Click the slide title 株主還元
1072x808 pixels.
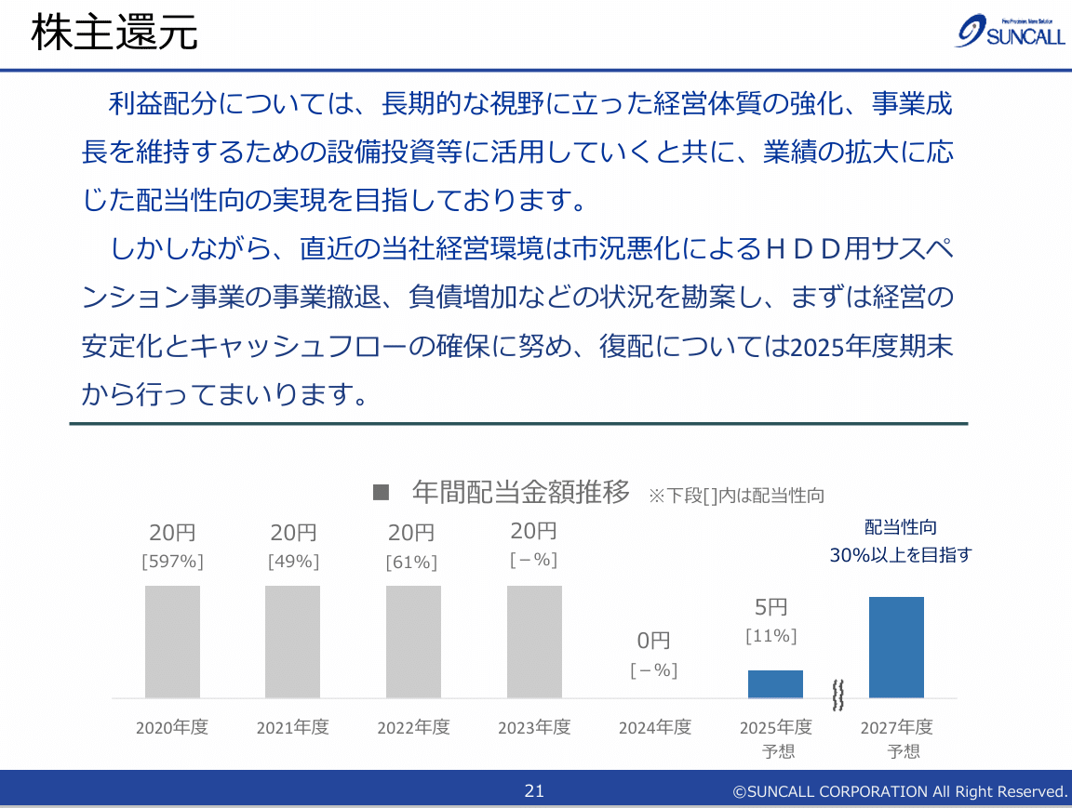(x=114, y=34)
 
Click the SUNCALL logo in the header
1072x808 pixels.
(x=1010, y=33)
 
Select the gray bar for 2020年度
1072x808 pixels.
(x=172, y=642)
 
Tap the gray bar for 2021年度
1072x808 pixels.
(x=292, y=642)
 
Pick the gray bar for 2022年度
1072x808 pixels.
(x=413, y=642)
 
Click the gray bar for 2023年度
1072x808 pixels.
(x=534, y=642)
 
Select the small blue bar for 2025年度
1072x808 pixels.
(x=775, y=684)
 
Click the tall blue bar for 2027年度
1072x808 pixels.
(x=896, y=647)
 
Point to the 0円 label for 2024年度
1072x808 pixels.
(x=653, y=641)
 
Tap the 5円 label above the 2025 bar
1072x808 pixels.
(x=771, y=607)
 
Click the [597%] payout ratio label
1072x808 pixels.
(x=172, y=562)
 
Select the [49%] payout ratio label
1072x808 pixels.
(x=293, y=562)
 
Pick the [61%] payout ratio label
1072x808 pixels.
(x=410, y=562)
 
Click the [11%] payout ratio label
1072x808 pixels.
(x=771, y=636)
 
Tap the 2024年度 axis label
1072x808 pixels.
(x=655, y=727)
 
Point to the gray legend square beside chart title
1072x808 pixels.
(x=380, y=493)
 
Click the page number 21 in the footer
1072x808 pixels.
(x=534, y=791)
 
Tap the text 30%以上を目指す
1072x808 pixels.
(x=900, y=555)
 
